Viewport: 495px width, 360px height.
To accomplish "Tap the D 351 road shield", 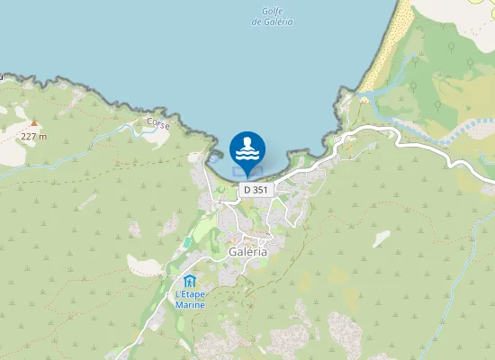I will point(254,191).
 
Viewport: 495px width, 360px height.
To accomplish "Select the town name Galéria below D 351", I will point(248,252).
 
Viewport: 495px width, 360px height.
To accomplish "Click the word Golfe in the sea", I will point(274,12).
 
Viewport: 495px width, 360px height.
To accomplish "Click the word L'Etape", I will point(190,294).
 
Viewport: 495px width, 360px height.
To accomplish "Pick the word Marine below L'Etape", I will point(190,305).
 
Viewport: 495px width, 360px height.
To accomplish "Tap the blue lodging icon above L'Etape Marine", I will point(190,281).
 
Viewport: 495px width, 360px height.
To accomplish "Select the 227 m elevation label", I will point(33,136).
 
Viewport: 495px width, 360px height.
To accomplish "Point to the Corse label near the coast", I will point(158,125).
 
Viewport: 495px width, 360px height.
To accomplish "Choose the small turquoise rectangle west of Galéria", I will point(186,242).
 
